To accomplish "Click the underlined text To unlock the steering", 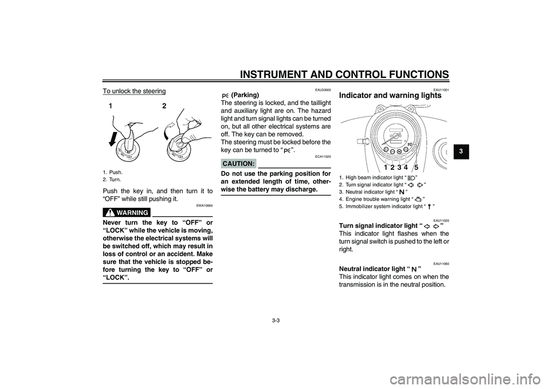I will pyautogui.click(x=134, y=91).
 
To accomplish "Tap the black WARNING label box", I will pyautogui.click(x=127, y=212).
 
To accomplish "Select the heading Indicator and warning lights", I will pyautogui.click(x=390, y=96).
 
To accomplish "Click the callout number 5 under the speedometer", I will pyautogui.click(x=417, y=167).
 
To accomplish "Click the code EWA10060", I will pyautogui.click(x=204, y=204).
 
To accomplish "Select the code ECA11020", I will pyautogui.click(x=323, y=156).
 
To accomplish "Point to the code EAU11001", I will pyautogui.click(x=441, y=90).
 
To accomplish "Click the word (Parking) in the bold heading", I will pyautogui.click(x=245, y=95).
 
